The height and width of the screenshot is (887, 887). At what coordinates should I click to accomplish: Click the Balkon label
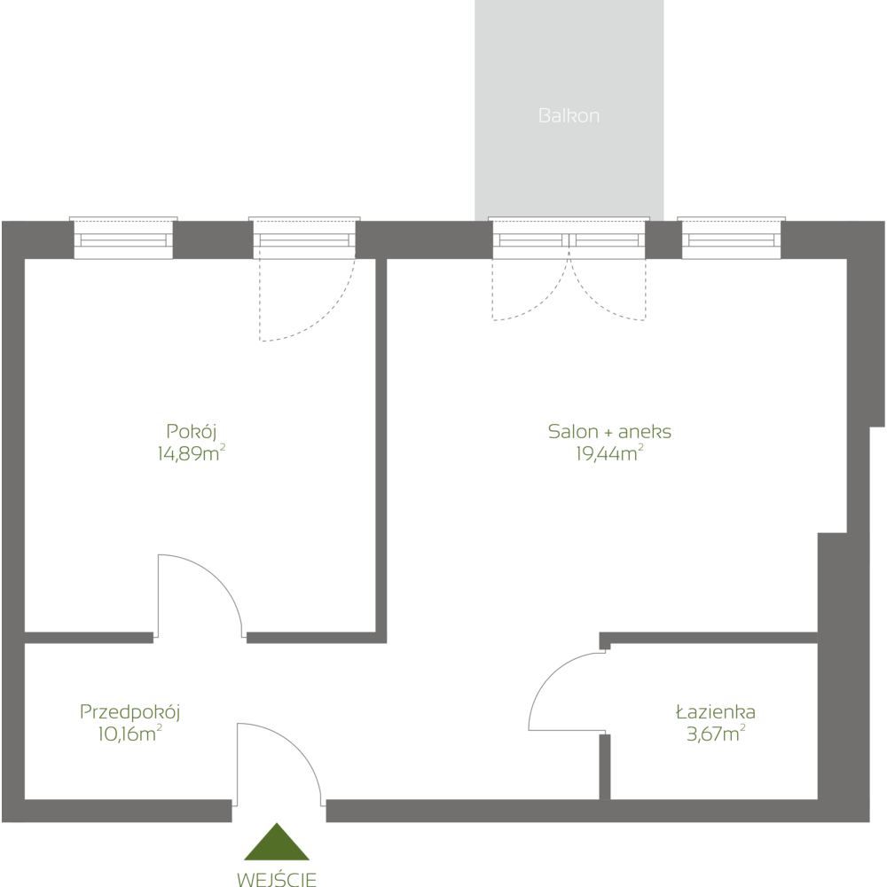(569, 115)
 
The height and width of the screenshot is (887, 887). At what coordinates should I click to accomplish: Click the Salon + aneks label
(609, 432)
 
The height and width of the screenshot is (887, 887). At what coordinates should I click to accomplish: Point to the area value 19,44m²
(609, 454)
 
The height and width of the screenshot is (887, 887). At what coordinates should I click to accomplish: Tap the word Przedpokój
(130, 711)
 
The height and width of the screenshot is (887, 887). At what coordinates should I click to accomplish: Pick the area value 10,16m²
(130, 734)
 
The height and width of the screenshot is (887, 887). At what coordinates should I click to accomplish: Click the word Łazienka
(715, 711)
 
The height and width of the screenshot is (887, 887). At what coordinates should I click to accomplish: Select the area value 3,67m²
(715, 734)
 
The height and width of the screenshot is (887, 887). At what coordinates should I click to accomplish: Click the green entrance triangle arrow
(278, 844)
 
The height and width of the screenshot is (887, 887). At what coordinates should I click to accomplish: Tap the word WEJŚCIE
(278, 879)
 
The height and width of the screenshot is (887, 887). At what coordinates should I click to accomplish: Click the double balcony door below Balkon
(569, 239)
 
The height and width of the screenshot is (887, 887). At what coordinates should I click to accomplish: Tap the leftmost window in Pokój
(123, 239)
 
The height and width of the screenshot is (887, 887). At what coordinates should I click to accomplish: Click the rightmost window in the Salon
(732, 239)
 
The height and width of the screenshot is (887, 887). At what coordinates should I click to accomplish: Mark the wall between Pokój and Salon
(381, 443)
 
